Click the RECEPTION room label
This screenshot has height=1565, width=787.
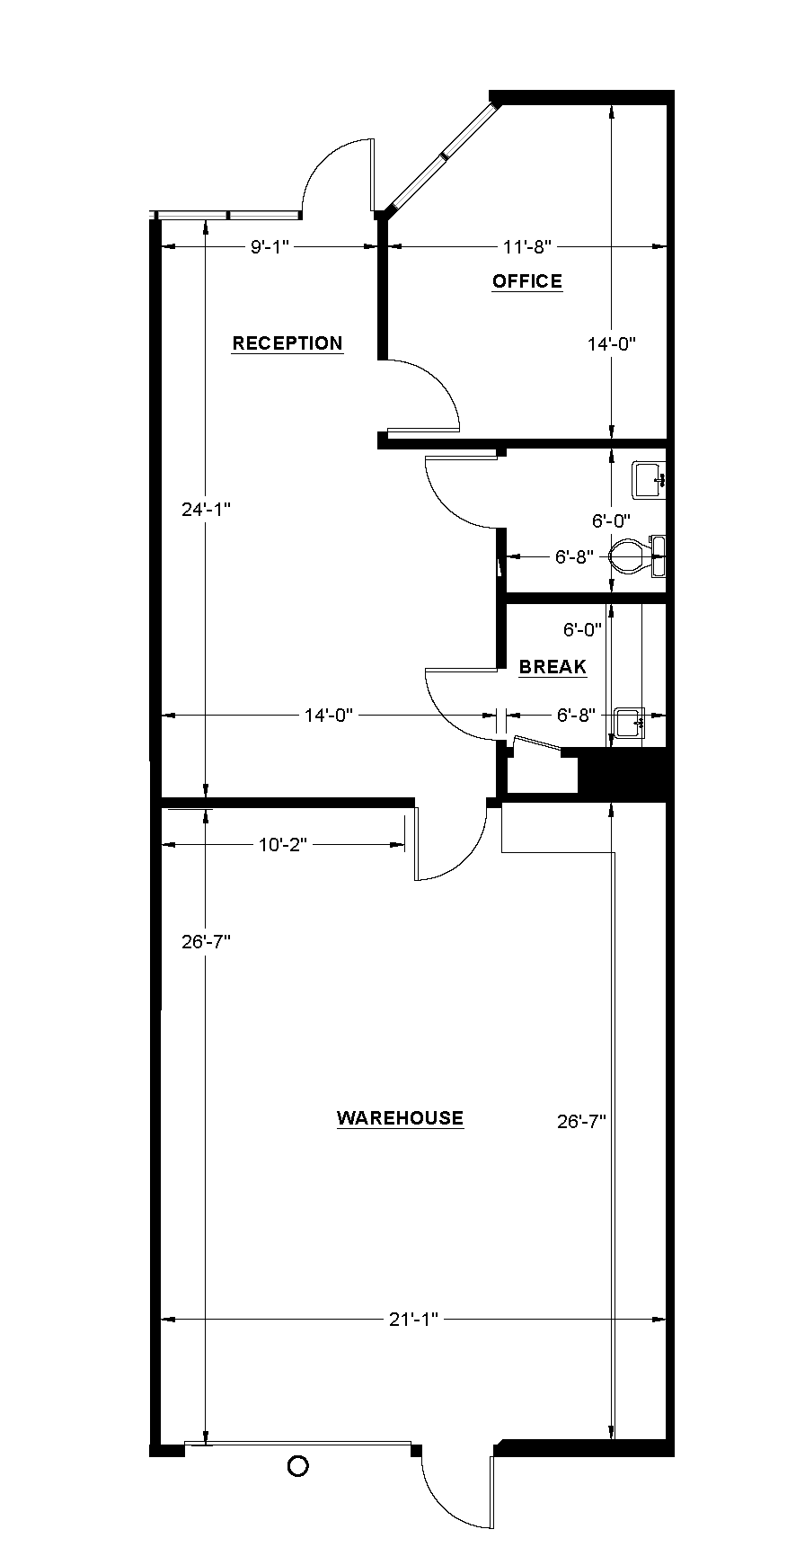coord(287,342)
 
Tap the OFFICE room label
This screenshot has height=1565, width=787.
coord(527,281)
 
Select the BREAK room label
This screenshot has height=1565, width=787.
coord(553,667)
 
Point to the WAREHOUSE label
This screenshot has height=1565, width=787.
coord(400,1118)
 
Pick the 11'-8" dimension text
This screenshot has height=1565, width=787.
coord(526,245)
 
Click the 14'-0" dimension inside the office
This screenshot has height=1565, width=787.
coord(612,343)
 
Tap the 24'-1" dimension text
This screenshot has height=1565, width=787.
coord(207,509)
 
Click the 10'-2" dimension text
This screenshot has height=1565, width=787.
coord(283,844)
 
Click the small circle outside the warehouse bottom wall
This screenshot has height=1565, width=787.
coord(297,1466)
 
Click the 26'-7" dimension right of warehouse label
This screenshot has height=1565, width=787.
coord(582,1121)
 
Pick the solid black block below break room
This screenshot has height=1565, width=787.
coord(623,775)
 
